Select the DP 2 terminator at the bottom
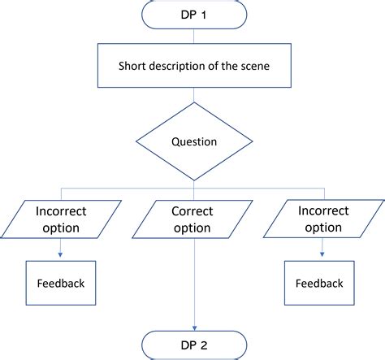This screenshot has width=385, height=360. coord(193,344)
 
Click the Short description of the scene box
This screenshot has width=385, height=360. coord(193,67)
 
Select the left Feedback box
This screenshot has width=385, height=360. coord(61,284)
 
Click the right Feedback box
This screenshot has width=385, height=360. coord(318,284)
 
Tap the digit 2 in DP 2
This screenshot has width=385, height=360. coord(205,344)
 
